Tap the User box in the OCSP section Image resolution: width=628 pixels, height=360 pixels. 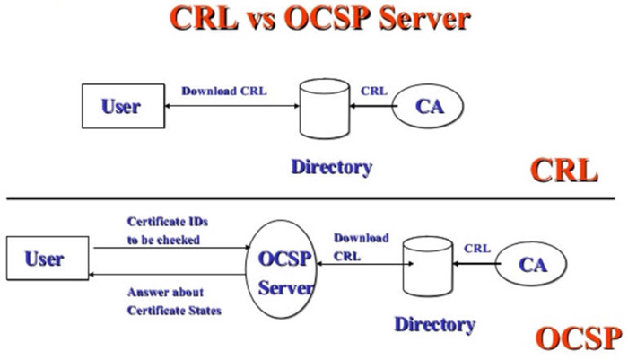coord(46,259)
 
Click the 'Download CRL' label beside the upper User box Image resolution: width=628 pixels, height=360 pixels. coord(223,92)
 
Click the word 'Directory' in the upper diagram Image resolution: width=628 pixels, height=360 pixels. coord(331,167)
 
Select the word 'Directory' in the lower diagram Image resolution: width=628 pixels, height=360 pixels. coord(435,324)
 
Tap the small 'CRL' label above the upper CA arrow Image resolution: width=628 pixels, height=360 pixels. coord(374,91)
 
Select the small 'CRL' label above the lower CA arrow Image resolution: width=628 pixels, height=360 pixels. coord(477,248)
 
